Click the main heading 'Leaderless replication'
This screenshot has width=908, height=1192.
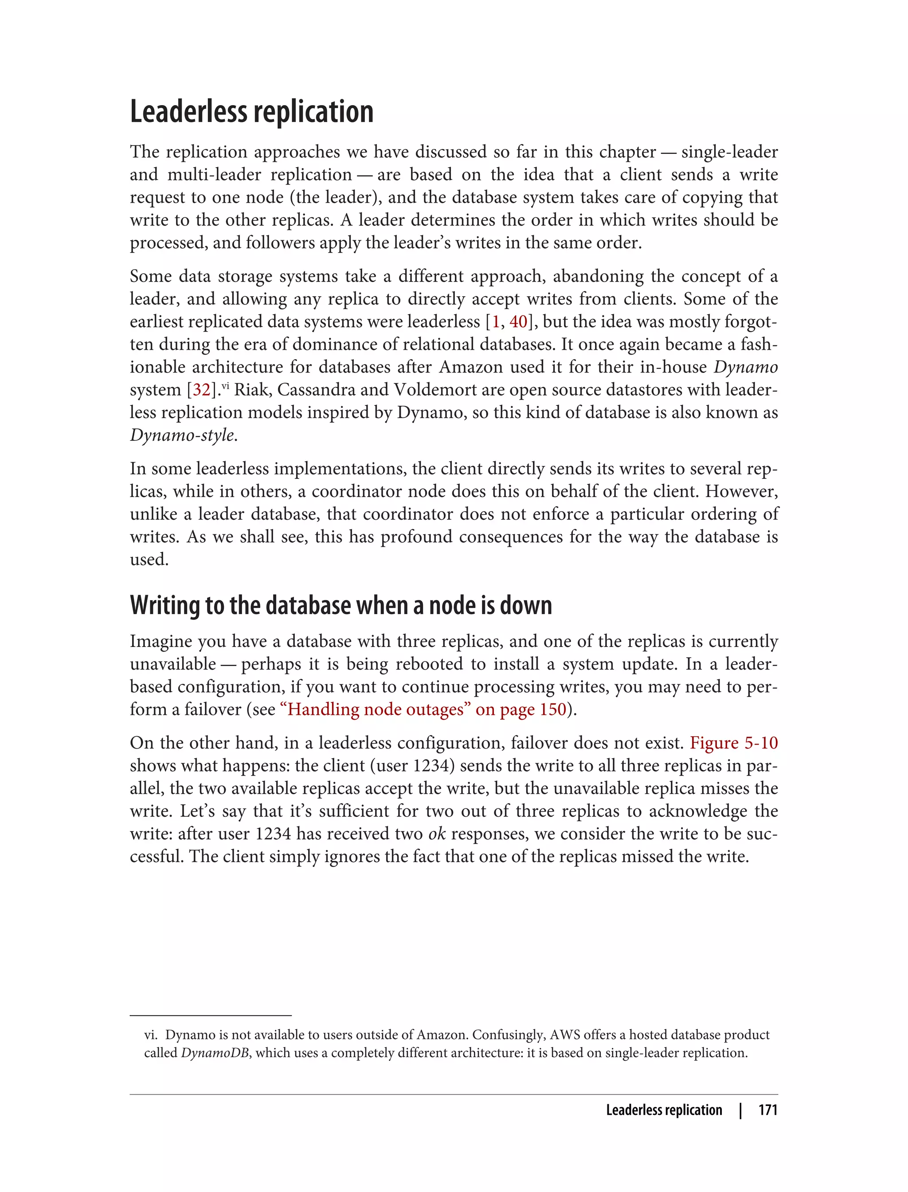[x=251, y=112]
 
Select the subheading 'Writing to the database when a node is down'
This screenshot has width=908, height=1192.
[x=340, y=605]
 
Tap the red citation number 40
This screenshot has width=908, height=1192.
[x=518, y=322]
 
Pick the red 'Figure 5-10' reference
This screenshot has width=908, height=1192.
[x=733, y=743]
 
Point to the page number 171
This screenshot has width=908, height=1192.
[x=767, y=1110]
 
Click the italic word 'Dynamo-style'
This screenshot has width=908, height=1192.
[x=182, y=435]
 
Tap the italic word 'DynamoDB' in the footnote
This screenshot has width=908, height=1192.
[x=215, y=1053]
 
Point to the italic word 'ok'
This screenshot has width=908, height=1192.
[x=437, y=834]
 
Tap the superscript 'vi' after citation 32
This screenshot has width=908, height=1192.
[x=225, y=385]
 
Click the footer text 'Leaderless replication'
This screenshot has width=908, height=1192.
[x=664, y=1110]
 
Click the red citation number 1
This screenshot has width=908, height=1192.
[x=496, y=322]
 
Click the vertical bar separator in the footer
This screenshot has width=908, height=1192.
[x=740, y=1110]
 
